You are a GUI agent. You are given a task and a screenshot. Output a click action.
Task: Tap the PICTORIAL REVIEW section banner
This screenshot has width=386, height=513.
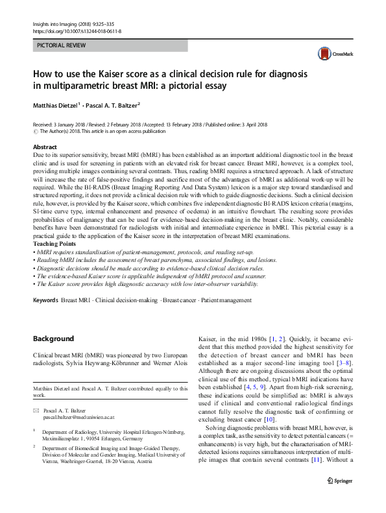point(110,45)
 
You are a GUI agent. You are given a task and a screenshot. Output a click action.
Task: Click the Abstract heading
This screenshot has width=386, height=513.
point(45,147)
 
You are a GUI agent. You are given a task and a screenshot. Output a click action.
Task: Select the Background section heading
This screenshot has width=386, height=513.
point(53,339)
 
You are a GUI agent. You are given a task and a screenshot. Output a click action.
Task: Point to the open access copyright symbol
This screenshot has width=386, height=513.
point(35,131)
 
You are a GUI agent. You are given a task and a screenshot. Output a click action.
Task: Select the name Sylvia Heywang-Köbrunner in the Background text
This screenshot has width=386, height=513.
point(112,364)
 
